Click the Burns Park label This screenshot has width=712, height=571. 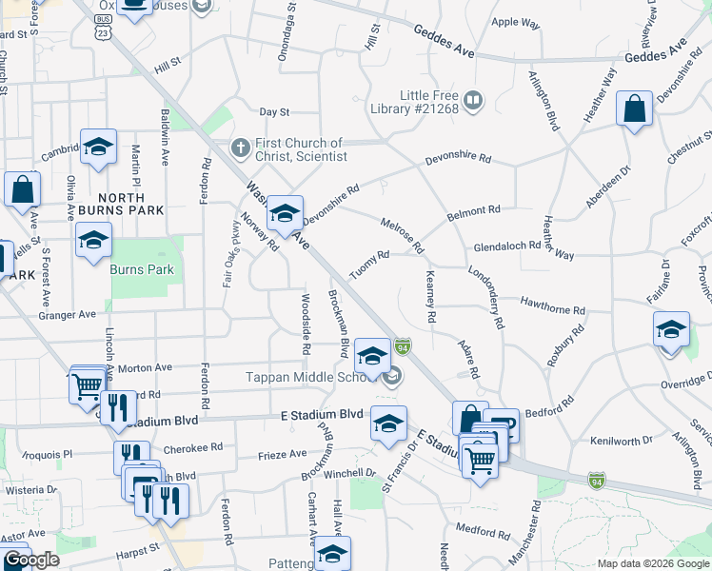pyautogui.click(x=142, y=269)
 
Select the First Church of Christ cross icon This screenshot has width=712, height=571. pyautogui.click(x=241, y=148)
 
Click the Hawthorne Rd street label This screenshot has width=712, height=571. pyautogui.click(x=552, y=305)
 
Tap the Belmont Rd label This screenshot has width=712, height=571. pyautogui.click(x=474, y=213)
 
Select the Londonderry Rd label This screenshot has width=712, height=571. pyautogui.click(x=485, y=297)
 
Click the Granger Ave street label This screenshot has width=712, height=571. pyautogui.click(x=68, y=314)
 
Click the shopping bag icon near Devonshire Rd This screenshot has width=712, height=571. pyautogui.click(x=634, y=109)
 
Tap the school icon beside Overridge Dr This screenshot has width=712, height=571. pyautogui.click(x=671, y=329)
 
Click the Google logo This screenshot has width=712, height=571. pyautogui.click(x=31, y=561)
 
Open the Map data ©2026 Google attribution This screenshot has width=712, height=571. pyautogui.click(x=653, y=563)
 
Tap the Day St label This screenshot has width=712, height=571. pyautogui.click(x=273, y=111)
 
